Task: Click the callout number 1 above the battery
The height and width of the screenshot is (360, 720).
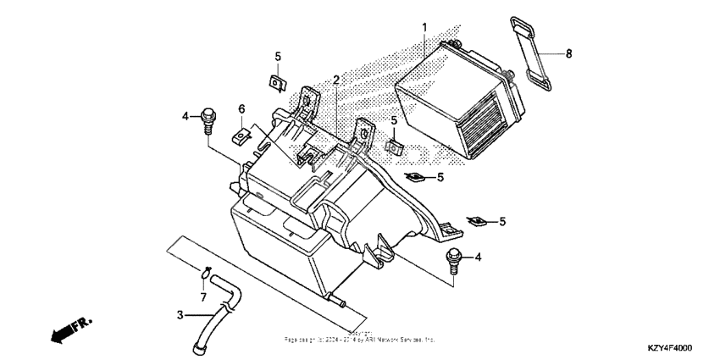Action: point(424,28)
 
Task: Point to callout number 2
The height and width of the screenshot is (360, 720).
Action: point(336,80)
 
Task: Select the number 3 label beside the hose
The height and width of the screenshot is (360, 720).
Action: point(180,315)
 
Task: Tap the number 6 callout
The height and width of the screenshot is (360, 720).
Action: point(241,109)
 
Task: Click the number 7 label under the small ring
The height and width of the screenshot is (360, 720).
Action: point(203,297)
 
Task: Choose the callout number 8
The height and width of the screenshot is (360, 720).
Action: point(569,53)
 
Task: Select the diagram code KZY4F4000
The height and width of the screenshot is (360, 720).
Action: point(668,348)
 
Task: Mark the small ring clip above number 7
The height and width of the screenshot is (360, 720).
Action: point(206,272)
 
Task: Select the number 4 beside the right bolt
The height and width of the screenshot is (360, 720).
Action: point(478,257)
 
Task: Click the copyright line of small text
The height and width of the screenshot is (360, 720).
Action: point(359,338)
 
